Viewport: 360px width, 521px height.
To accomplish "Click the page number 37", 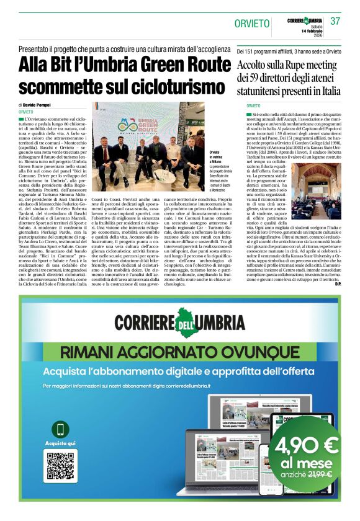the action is (x=336, y=21).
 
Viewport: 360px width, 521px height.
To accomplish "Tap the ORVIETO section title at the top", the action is (x=252, y=24).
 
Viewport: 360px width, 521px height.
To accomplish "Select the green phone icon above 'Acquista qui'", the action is (x=61, y=429).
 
